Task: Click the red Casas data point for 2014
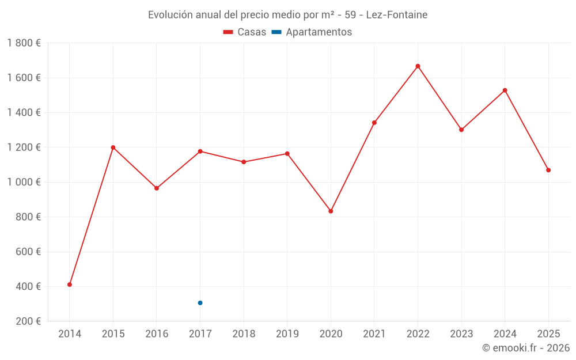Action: [70, 285]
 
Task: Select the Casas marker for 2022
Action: [418, 66]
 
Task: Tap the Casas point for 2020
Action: [331, 211]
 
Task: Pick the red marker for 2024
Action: [505, 90]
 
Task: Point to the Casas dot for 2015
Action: [113, 147]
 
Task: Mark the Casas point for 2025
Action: [548, 170]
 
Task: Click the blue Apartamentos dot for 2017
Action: [200, 303]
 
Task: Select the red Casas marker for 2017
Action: [200, 151]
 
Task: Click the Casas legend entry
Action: [245, 32]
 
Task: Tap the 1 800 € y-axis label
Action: [24, 43]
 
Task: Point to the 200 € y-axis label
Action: [27, 321]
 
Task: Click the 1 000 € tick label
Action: [24, 182]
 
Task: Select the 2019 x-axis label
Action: [287, 334]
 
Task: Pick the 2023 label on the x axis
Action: [461, 334]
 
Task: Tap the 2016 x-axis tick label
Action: [157, 334]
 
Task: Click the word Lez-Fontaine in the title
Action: [397, 15]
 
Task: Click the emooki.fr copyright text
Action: [526, 348]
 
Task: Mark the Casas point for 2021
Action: [374, 123]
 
